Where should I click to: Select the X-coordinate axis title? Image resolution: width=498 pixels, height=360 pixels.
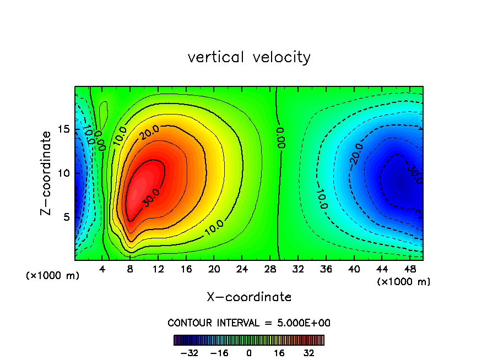[x=249, y=297]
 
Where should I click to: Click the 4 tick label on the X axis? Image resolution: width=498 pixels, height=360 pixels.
[x=102, y=269]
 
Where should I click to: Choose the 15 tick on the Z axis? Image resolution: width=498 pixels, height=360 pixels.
[x=64, y=129]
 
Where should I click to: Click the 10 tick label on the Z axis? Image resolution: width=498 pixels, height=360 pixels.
[x=64, y=173]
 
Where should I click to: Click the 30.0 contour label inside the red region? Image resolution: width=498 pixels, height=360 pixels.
[x=150, y=200]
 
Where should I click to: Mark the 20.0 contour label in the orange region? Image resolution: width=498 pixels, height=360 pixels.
[x=149, y=132]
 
